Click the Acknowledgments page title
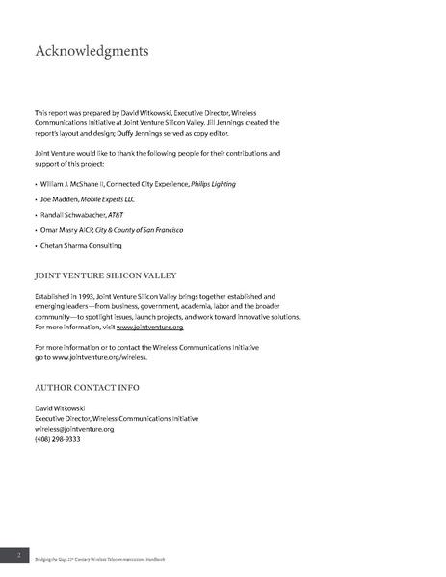[91, 50]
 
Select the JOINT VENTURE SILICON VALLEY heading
[105, 275]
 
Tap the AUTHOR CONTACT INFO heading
[87, 388]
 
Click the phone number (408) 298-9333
[58, 439]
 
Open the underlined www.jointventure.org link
[150, 328]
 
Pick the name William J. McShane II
[74, 183]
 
